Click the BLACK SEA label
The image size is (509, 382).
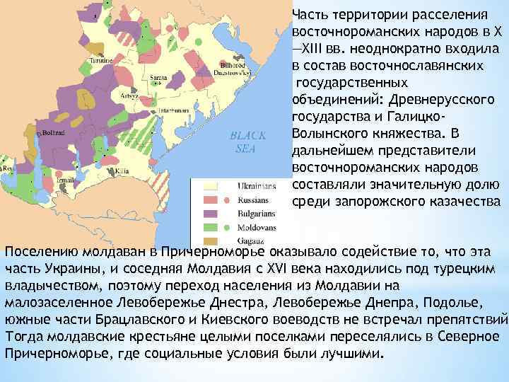[247, 141]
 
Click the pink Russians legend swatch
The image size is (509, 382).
[209, 200]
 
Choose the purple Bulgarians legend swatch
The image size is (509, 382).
[209, 214]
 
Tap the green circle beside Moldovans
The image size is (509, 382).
[226, 227]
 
